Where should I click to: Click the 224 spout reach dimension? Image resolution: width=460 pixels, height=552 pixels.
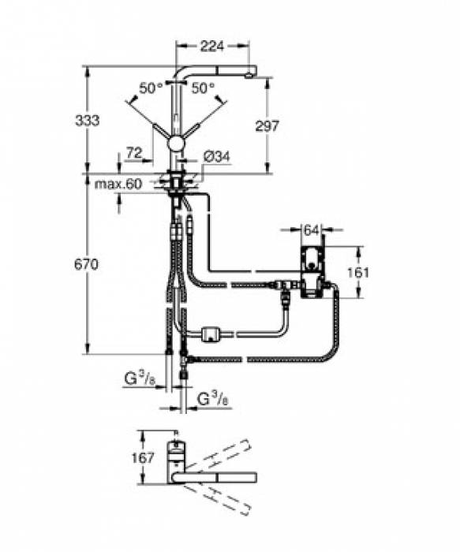point(208,47)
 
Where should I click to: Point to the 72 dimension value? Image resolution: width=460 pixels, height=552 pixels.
point(133,152)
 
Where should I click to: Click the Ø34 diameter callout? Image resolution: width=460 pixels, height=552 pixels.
point(215,157)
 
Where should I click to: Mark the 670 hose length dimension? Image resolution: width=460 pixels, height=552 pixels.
point(87,265)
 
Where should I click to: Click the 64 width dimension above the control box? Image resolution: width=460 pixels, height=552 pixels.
point(311,229)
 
